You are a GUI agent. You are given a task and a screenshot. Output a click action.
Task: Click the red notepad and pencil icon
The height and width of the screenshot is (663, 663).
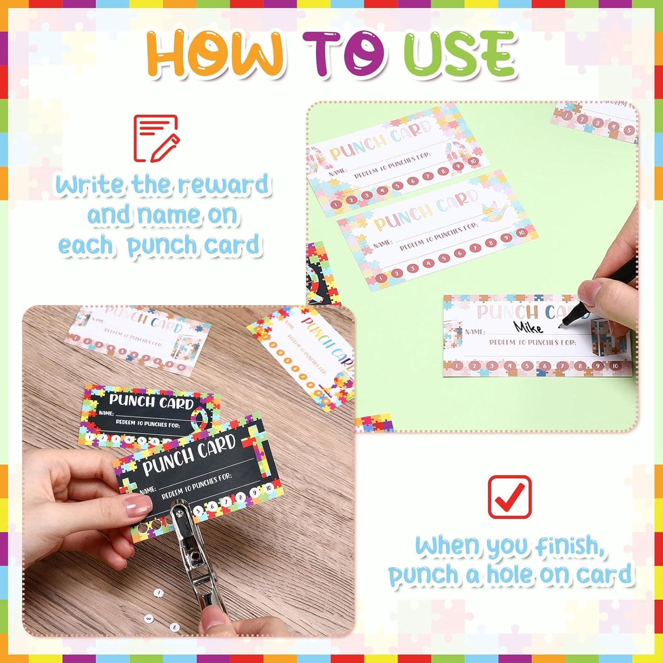point(156,138)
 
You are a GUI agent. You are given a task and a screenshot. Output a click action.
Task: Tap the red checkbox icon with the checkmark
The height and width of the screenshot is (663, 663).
point(509,497)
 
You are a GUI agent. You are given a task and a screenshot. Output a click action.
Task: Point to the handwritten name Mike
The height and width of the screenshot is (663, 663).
point(528,327)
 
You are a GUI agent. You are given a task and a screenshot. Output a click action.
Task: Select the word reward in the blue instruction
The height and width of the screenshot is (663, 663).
point(223,185)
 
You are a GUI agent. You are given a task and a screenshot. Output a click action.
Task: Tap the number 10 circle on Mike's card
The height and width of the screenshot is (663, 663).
point(615,366)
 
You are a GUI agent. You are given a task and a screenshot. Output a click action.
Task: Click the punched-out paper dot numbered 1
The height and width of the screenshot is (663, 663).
point(158,593)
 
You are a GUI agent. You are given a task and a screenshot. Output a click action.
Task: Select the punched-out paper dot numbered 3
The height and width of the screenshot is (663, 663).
point(148,618)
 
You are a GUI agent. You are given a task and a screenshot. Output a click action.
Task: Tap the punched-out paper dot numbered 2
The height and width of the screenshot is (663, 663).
point(174,627)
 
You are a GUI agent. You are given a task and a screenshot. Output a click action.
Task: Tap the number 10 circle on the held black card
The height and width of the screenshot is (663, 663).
point(268,487)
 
